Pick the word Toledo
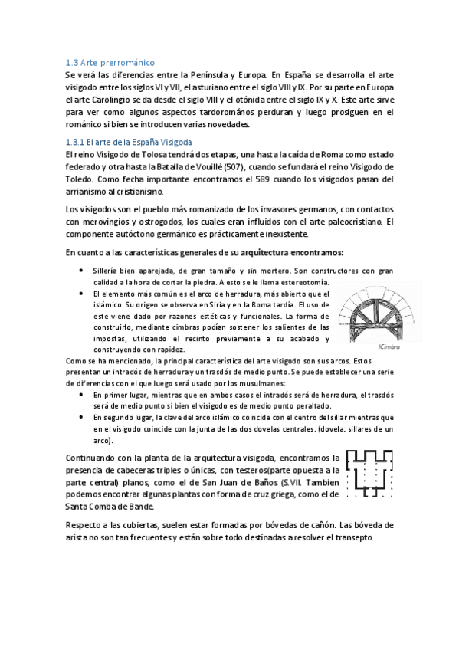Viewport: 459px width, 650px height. point(81,179)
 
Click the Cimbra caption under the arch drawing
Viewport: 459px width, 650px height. point(389,346)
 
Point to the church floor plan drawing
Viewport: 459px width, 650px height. point(371,473)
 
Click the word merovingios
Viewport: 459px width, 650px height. point(112,222)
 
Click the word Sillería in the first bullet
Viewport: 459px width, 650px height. point(107,271)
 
